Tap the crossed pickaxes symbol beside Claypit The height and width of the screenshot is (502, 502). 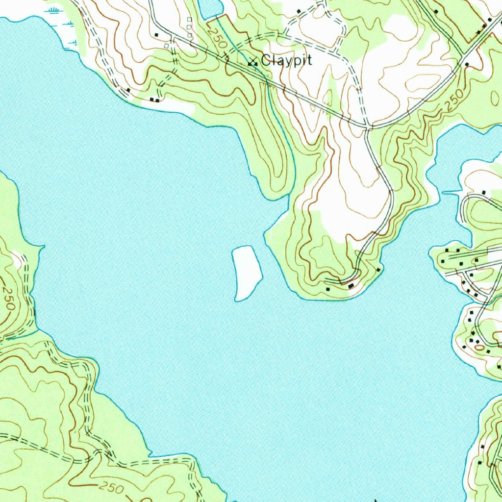pos(252,62)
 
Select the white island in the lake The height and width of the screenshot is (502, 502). pos(246,273)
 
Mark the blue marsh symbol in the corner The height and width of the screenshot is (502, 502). pos(55,10)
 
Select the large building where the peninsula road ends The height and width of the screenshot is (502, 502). pos(351,285)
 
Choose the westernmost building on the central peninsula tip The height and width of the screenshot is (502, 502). pos(328,289)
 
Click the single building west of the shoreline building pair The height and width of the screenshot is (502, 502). pos(128,90)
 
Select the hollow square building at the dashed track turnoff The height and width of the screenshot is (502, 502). pos(167,46)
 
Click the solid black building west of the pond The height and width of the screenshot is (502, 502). pos(156,34)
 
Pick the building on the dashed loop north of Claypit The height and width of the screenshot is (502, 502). pos(298,11)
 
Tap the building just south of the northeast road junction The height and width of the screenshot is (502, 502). pos(467,64)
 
